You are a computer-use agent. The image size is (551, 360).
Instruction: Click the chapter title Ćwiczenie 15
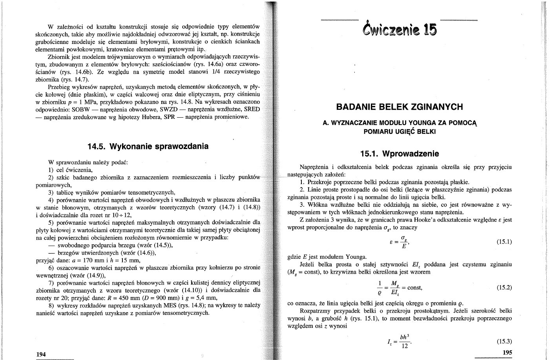(400, 28)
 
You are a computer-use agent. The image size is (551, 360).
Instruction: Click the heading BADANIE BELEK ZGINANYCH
(400, 107)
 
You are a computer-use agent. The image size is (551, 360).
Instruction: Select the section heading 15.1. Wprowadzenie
(400, 154)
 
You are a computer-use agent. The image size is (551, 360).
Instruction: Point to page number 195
(507, 353)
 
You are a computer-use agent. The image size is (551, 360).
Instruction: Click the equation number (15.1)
(504, 242)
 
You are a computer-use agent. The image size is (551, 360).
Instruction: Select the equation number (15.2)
(504, 287)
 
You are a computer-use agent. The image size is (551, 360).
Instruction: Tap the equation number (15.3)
(504, 342)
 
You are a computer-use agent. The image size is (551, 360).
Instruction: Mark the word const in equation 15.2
(414, 287)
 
